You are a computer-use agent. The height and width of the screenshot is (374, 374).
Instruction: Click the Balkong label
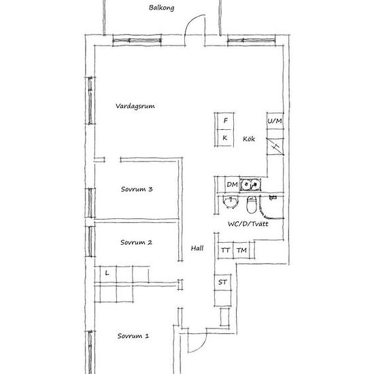click(161, 7)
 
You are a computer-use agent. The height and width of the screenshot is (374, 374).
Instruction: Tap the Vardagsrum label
click(135, 106)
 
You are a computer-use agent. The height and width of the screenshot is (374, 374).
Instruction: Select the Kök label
click(249, 139)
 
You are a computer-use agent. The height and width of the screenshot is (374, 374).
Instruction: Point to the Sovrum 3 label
click(137, 189)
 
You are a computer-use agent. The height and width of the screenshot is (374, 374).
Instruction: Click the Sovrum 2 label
click(136, 242)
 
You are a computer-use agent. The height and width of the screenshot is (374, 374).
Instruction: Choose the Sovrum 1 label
click(133, 336)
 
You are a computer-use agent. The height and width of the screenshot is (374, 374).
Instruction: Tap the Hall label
click(197, 248)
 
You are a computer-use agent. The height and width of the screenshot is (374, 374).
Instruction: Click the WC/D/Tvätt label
click(248, 224)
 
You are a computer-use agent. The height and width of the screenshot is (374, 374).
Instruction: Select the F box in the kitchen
click(225, 121)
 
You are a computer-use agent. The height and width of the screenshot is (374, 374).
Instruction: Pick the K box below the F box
click(225, 138)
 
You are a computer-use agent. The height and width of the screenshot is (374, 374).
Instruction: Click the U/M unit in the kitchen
click(275, 121)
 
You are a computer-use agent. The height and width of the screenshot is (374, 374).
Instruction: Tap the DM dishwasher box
click(233, 184)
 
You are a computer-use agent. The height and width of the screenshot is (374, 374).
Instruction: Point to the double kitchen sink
click(250, 184)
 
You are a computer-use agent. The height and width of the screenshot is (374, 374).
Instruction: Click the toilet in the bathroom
click(251, 205)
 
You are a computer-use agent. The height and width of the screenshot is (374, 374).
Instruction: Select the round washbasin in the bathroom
click(231, 202)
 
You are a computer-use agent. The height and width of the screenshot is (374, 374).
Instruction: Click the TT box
click(225, 250)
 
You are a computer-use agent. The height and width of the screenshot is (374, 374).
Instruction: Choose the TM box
click(241, 250)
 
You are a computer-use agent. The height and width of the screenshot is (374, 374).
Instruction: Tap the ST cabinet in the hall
click(222, 282)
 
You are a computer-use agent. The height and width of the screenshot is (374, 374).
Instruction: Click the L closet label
click(107, 273)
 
